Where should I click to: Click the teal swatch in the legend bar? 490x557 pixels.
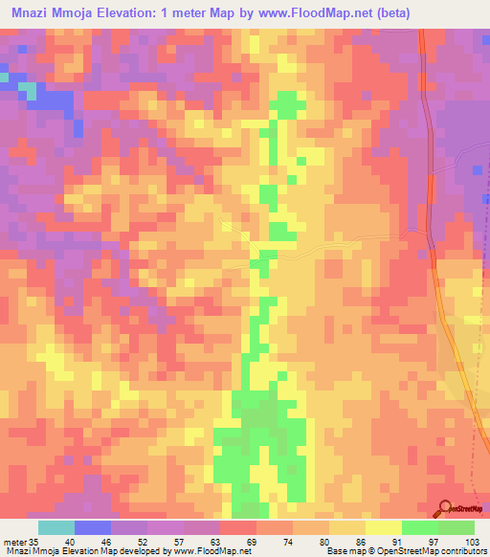click(56, 527)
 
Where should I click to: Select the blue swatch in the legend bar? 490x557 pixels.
click(93, 527)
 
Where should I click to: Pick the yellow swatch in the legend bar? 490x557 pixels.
click(384, 527)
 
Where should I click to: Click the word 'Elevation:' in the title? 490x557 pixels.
click(137, 12)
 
